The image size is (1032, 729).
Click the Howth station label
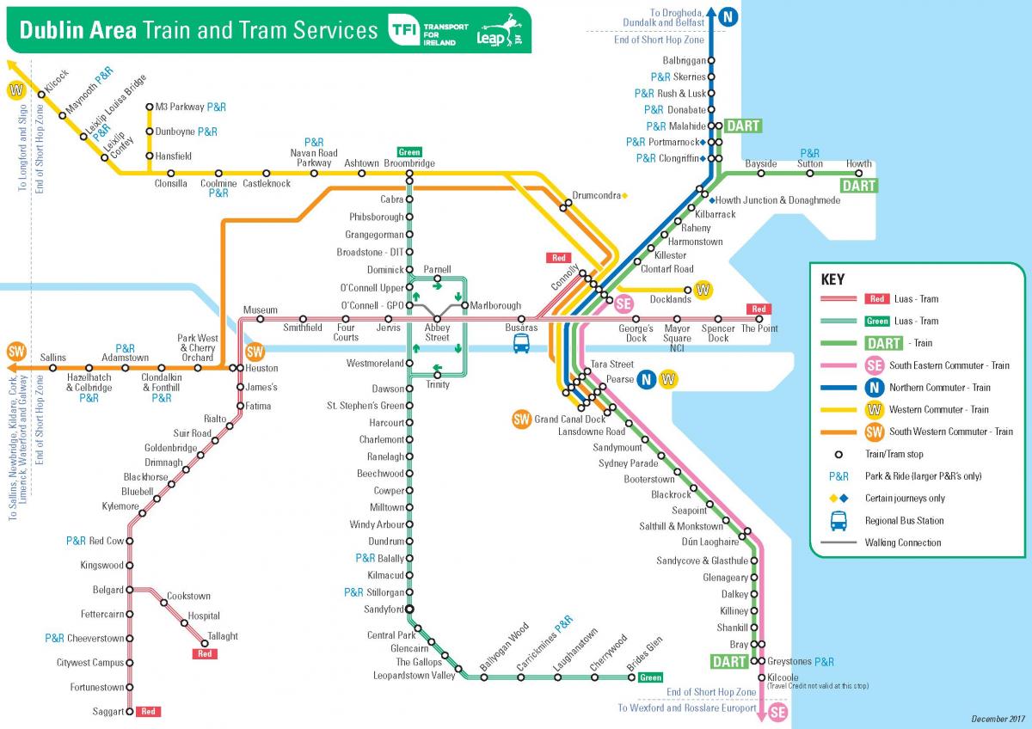point(858,163)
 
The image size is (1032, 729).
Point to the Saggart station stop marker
point(131,712)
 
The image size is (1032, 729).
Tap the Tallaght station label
point(223,636)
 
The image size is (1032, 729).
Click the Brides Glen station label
point(644,655)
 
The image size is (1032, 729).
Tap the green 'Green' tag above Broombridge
point(409,152)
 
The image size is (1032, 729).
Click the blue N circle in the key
point(875,388)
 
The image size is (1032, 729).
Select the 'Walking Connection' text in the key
point(903,542)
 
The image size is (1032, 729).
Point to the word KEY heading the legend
point(832,279)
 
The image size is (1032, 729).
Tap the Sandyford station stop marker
point(409,610)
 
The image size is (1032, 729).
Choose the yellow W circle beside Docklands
point(703,290)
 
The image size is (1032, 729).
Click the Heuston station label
point(261,368)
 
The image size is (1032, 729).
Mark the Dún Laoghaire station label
point(709,542)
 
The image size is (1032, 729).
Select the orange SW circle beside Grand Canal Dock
point(521,420)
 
